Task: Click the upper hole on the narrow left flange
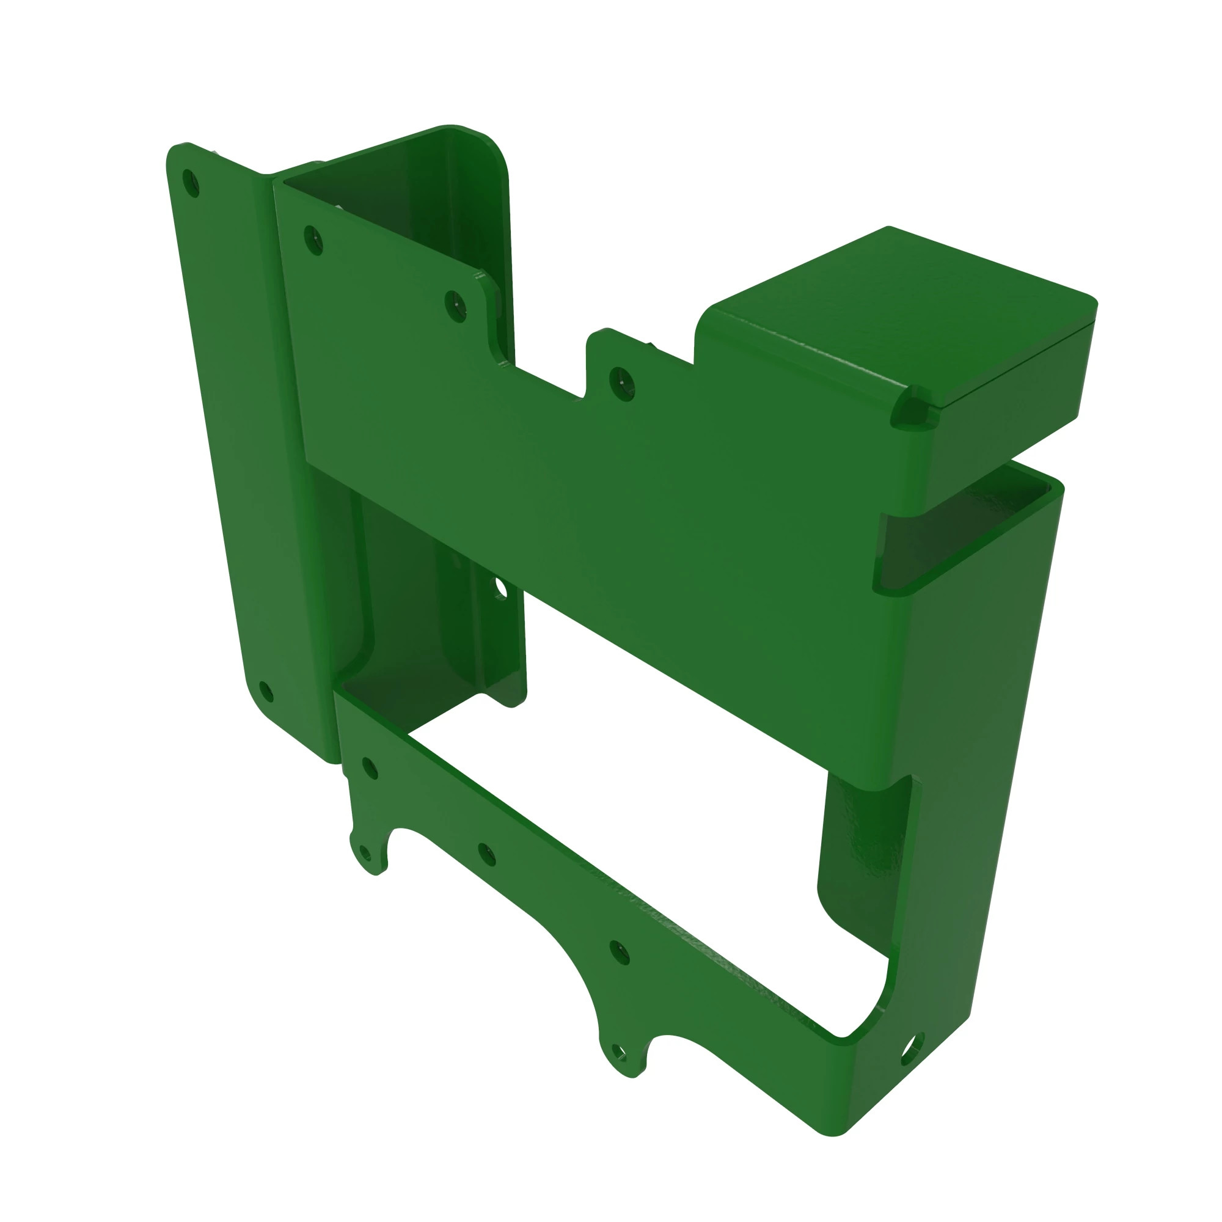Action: point(191,183)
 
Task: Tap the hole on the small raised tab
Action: point(622,382)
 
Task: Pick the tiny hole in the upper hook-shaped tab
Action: point(365,852)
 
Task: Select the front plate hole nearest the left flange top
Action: point(313,240)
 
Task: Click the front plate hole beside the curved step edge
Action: point(455,305)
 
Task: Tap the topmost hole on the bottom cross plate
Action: point(370,768)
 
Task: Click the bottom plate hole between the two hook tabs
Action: point(486,854)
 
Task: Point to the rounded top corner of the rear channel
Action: point(487,148)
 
